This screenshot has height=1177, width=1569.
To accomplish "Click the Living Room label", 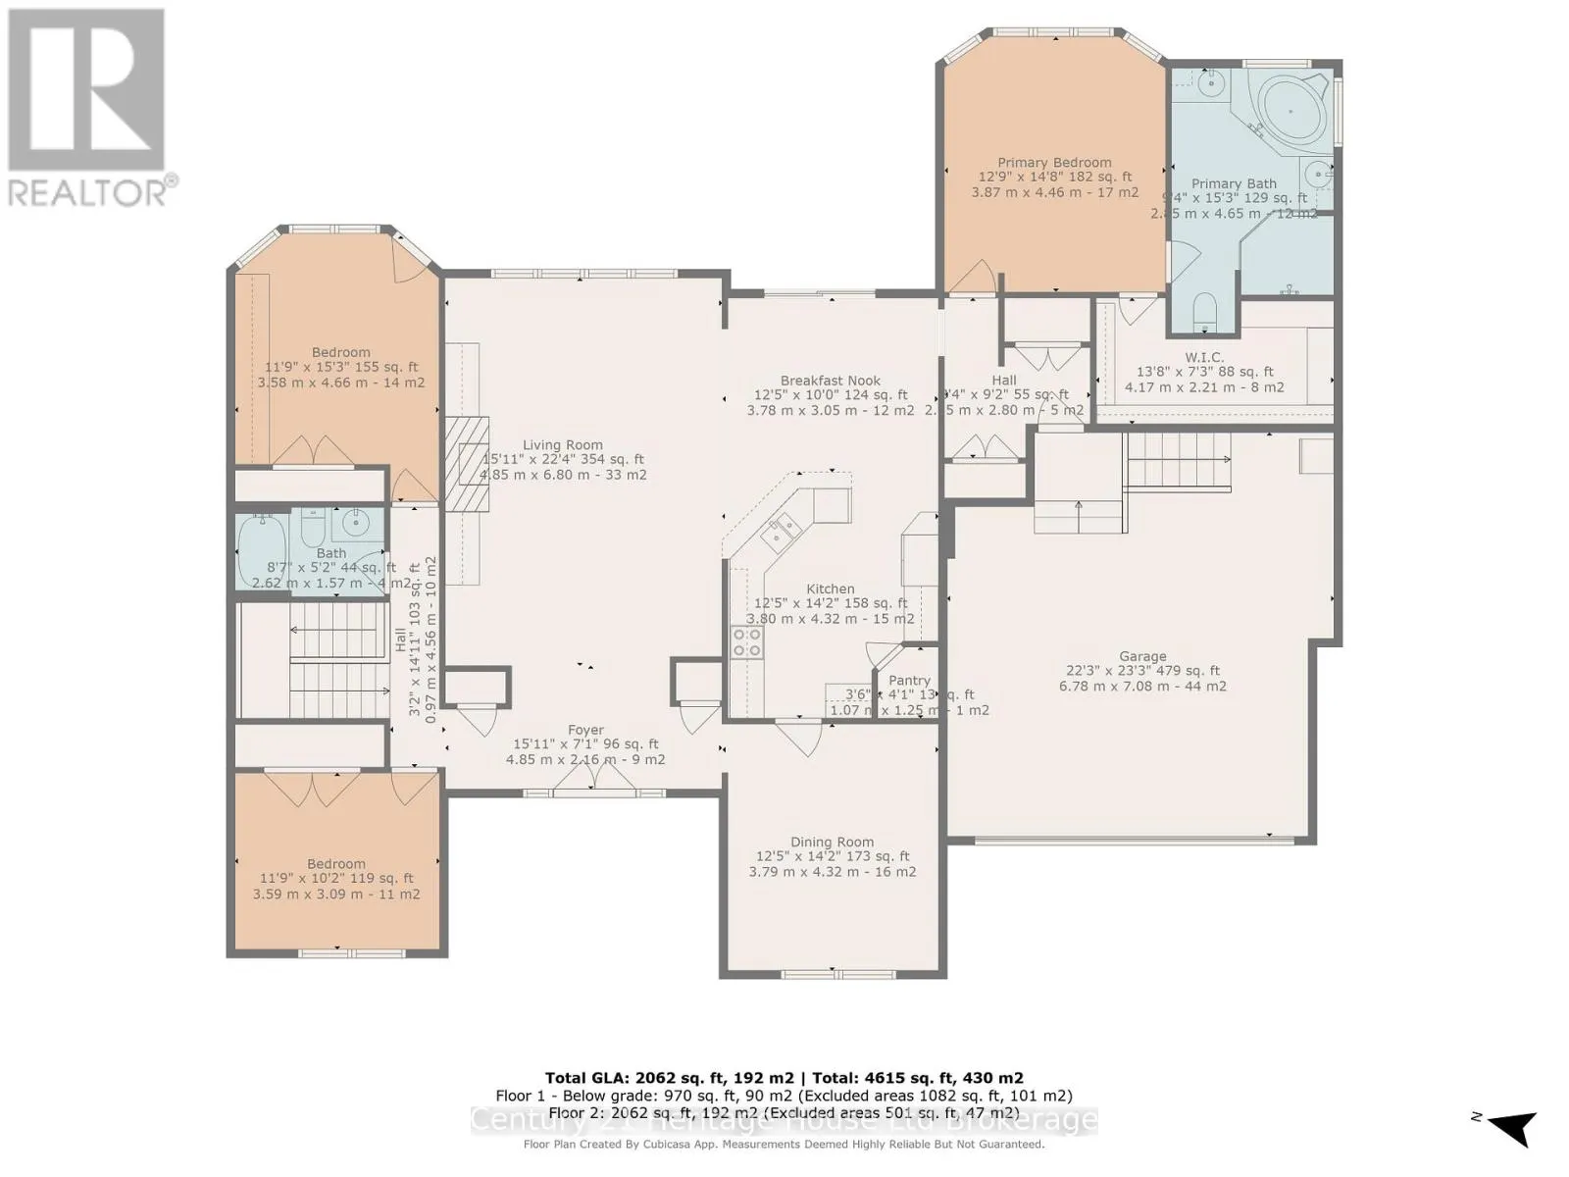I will click(x=562, y=444).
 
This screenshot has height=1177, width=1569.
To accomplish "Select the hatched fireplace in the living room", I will click(x=468, y=464).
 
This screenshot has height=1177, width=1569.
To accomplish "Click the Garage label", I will click(x=1142, y=656).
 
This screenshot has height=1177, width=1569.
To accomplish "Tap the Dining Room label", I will click(x=832, y=842).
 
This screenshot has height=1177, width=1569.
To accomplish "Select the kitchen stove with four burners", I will click(x=747, y=641).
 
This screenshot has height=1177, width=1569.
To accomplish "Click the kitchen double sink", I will click(x=782, y=535).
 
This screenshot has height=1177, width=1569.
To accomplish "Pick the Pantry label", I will click(x=909, y=680).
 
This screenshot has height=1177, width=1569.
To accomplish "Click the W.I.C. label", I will click(x=1204, y=357).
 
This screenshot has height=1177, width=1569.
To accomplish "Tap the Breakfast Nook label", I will click(x=830, y=381).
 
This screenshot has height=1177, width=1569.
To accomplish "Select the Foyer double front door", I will click(x=593, y=779).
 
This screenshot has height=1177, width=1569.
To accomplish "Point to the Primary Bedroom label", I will click(x=1054, y=163).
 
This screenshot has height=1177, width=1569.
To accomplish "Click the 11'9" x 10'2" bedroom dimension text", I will click(x=335, y=879).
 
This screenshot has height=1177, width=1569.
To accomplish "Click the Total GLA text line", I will click(x=784, y=1077).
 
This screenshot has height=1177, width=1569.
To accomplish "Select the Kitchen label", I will click(x=830, y=588).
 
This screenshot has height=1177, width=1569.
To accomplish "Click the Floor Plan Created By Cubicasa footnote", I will click(x=784, y=1144).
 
